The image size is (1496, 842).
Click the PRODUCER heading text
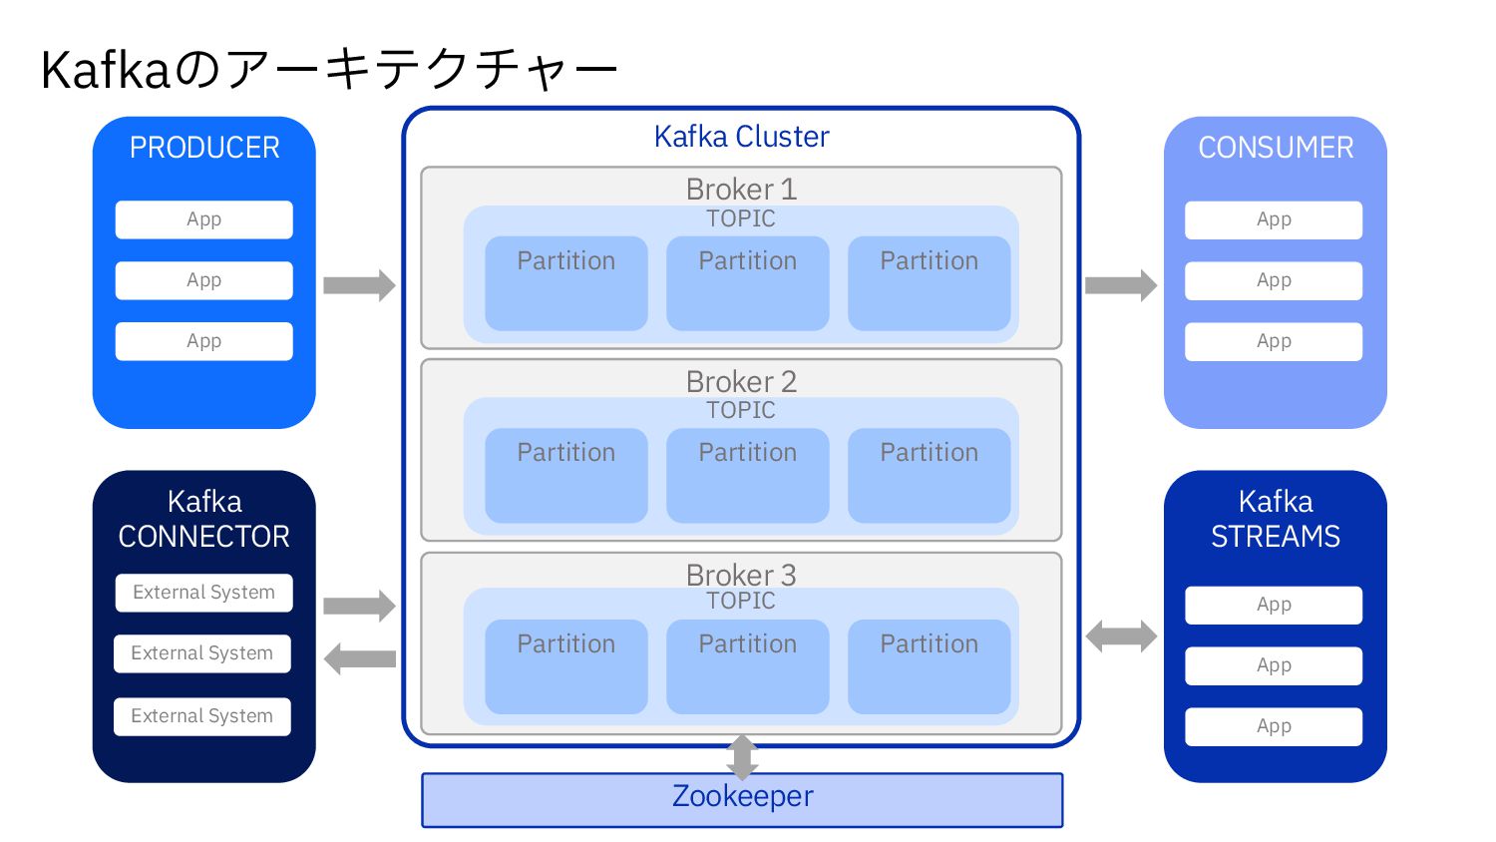[204, 148]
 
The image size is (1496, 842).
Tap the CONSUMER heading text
[1276, 148]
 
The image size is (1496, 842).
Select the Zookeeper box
[742, 799]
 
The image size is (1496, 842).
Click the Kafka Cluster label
[741, 137]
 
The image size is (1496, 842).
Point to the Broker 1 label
[741, 189]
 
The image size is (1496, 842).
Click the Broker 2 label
[741, 381]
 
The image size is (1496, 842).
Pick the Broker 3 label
[741, 575]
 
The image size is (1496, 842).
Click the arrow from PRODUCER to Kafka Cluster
[359, 285]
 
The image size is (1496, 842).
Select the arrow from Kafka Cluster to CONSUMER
[1121, 285]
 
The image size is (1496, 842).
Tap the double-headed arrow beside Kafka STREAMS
[1121, 635]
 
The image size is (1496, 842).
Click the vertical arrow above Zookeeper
[742, 757]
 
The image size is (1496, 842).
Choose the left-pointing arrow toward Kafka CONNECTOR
[359, 658]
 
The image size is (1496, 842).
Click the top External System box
[203, 593]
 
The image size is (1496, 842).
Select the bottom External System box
[202, 716]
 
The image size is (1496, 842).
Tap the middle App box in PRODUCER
[204, 280]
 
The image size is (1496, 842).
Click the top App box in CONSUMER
[1274, 219]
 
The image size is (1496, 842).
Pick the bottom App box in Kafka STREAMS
[1274, 726]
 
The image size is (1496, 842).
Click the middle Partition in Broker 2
[747, 475]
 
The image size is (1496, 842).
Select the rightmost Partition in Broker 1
[929, 283]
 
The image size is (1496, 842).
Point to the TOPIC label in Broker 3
[741, 601]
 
